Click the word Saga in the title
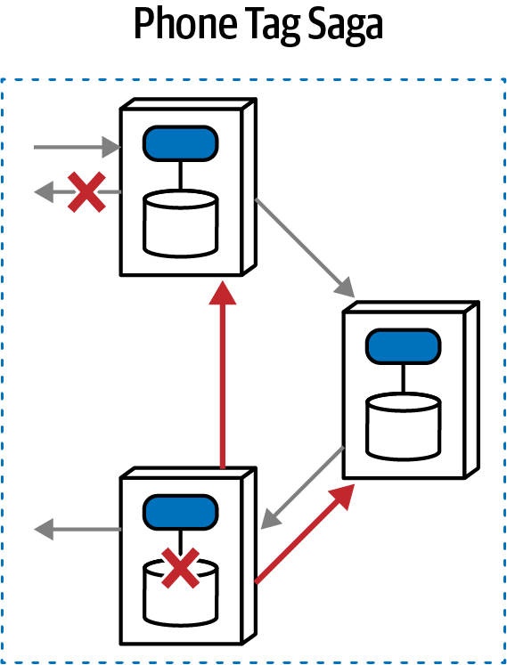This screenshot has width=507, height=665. click(x=348, y=28)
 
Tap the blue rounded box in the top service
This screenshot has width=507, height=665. click(x=181, y=143)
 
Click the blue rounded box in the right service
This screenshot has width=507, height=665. click(x=404, y=346)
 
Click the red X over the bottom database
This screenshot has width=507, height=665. click(x=181, y=569)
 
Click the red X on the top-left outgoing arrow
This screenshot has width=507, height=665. click(x=87, y=192)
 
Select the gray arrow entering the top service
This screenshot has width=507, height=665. click(x=76, y=145)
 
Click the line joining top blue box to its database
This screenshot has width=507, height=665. click(x=181, y=175)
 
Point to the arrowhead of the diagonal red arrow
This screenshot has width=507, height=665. click(x=346, y=497)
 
